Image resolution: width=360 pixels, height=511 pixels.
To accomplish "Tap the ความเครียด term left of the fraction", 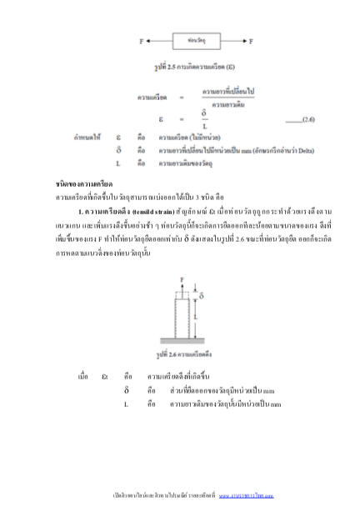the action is (x=152, y=97).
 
